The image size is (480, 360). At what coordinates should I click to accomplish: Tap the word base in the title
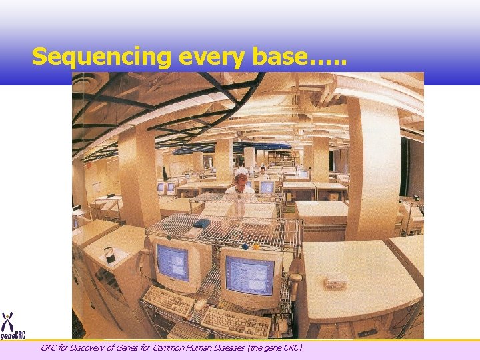279,57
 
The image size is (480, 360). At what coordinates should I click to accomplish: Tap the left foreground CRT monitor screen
172,263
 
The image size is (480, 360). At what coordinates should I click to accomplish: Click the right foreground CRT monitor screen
249,275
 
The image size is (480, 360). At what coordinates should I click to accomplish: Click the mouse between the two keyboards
199,305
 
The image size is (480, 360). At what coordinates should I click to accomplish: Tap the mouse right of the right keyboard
283,325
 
